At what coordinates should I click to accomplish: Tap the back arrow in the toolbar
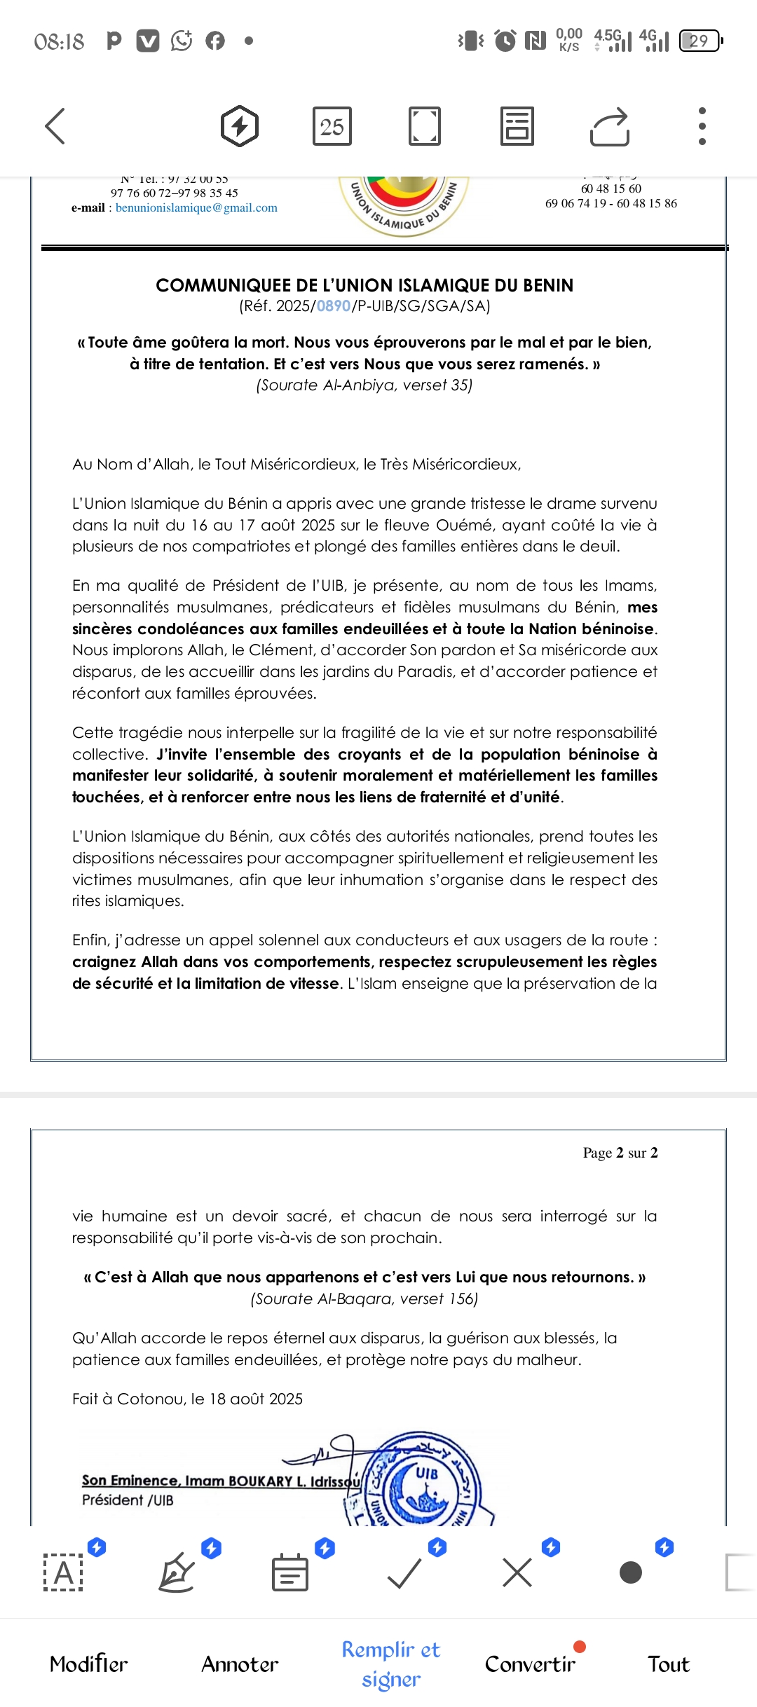(x=55, y=126)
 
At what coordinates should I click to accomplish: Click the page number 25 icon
(x=332, y=127)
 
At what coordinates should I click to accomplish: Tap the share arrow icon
(x=609, y=127)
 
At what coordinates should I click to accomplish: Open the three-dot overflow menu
(x=702, y=126)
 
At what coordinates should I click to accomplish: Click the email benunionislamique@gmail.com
(x=196, y=208)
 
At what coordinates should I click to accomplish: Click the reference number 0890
(x=334, y=306)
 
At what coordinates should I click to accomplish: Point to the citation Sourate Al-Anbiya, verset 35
(x=364, y=385)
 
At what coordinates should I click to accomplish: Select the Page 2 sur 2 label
(x=620, y=1153)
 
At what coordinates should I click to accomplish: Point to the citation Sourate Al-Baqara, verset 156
(x=364, y=1299)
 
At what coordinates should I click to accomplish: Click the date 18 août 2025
(x=256, y=1399)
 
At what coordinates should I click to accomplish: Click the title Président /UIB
(x=128, y=1500)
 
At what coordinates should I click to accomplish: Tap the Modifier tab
(x=88, y=1664)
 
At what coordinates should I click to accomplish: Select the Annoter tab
(x=240, y=1664)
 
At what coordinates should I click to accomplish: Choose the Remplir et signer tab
(x=391, y=1664)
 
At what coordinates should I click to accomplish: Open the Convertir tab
(x=530, y=1664)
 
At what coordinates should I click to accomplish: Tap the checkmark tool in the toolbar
(x=404, y=1573)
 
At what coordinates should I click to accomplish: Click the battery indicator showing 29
(x=700, y=41)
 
